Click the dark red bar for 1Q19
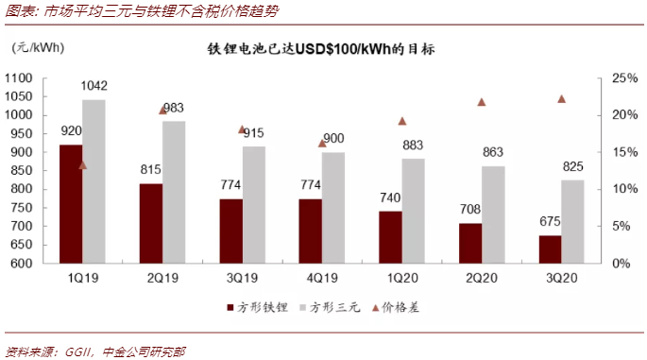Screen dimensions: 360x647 71,203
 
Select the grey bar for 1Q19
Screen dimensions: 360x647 94,180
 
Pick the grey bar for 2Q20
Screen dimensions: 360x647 492,214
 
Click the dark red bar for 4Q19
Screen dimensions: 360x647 310,231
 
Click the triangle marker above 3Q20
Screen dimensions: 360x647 561,99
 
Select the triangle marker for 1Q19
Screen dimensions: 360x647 82,165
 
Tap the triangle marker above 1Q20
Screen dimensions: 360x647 401,121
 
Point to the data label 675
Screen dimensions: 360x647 550,224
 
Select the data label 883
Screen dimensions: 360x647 413,146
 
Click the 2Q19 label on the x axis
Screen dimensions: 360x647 162,278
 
